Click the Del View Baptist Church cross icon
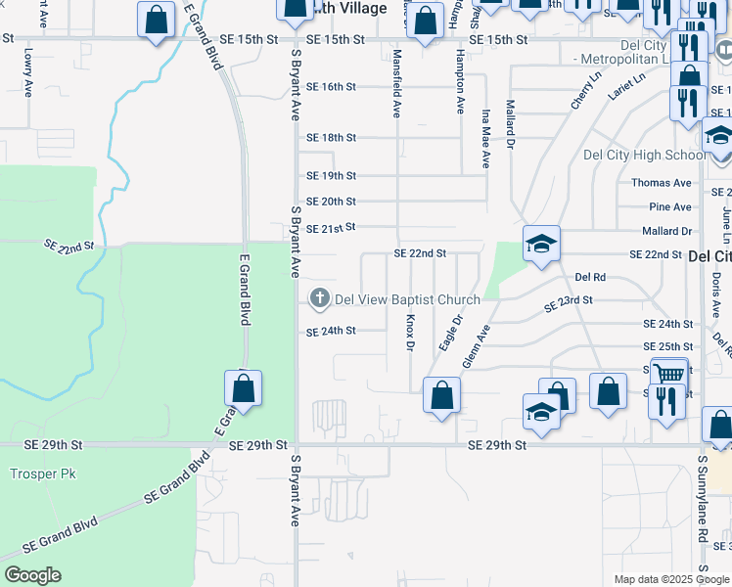point(319,297)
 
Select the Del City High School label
point(644,155)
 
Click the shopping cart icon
point(669,373)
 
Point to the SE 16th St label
point(330,87)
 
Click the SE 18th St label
point(331,138)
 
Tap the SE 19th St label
point(331,176)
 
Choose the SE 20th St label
point(331,202)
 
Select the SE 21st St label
point(331,227)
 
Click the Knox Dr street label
point(411,333)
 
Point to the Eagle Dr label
point(450,333)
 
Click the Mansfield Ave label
point(397,82)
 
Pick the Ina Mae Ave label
point(485,137)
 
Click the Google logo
point(31,574)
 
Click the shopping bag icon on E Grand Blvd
point(243,389)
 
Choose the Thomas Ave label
point(662,183)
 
